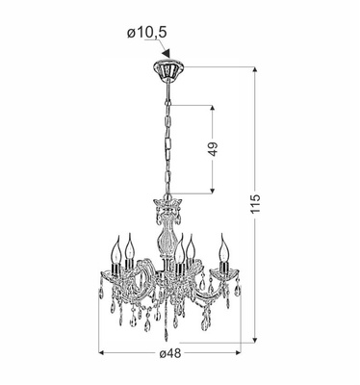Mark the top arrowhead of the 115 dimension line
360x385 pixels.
[x=255, y=71]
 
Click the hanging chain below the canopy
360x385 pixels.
[x=167, y=135]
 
